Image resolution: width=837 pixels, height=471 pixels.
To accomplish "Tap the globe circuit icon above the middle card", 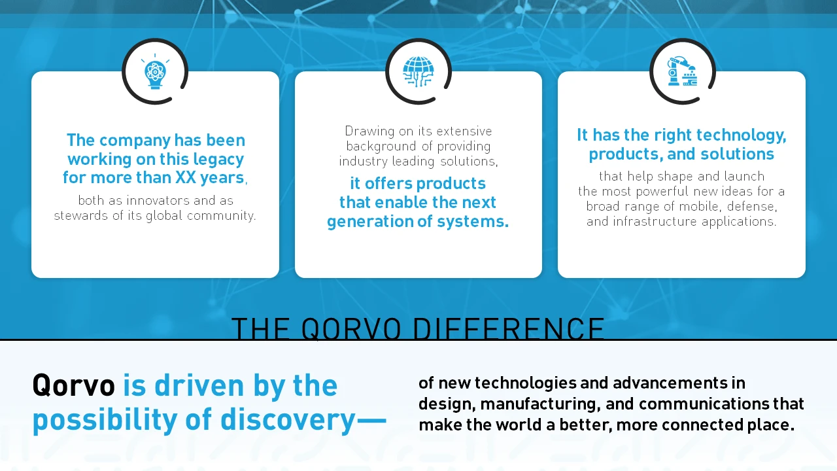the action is pos(418,71).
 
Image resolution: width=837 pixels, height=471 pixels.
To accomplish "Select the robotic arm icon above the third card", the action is pos(682,71).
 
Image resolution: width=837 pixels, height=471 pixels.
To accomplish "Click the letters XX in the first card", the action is pos(186,177).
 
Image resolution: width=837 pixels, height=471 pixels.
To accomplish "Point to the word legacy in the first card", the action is pos(218,160).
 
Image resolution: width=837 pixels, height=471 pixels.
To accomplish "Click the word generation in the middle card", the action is pos(370,222).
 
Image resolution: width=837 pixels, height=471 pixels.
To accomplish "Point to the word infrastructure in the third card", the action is pos(655,221).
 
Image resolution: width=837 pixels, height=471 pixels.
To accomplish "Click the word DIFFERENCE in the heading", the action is pos(508,328).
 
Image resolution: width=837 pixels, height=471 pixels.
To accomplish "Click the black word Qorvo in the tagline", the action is pos(74,385).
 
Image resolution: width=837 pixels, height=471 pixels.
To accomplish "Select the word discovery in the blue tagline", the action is pos(288,420).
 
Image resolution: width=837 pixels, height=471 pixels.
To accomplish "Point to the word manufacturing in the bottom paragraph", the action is pos(540,404).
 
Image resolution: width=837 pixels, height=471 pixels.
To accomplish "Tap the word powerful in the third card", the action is pos(662,192).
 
